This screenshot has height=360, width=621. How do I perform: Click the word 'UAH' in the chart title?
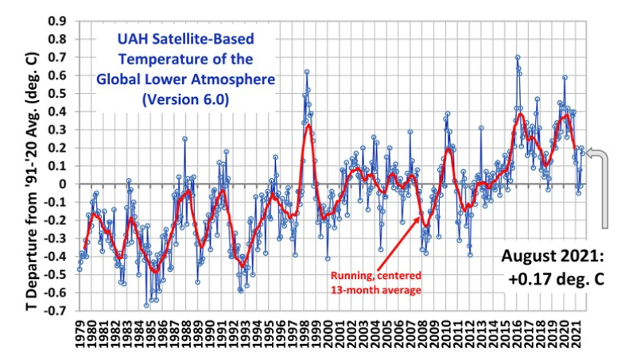[117, 39]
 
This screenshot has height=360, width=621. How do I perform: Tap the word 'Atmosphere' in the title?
[236, 80]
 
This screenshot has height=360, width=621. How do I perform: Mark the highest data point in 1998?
[306, 72]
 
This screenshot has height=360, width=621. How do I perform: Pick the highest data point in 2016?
[518, 57]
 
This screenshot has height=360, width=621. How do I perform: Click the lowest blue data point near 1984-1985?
[146, 305]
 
